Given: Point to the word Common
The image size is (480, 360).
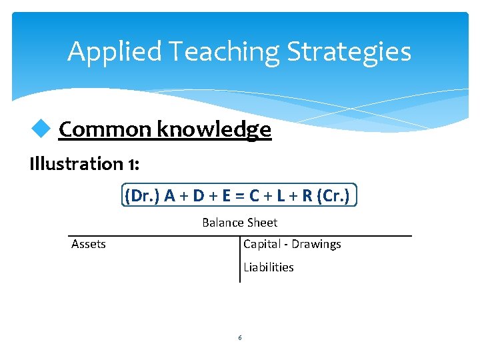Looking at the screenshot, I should click(x=105, y=129).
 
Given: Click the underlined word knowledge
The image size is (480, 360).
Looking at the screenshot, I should click(x=214, y=129).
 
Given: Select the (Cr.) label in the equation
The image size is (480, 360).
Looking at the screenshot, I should click(x=335, y=196).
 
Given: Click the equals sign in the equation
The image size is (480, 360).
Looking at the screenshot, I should click(x=239, y=196).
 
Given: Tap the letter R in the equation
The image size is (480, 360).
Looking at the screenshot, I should click(x=307, y=196).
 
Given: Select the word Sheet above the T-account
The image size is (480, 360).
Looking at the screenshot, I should click(x=263, y=223).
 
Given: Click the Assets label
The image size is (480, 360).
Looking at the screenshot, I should click(x=89, y=244).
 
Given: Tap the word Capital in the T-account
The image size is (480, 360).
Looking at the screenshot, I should click(x=261, y=244).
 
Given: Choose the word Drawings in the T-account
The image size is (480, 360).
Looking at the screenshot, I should click(x=316, y=244).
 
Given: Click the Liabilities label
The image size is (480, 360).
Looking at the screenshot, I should click(x=268, y=267).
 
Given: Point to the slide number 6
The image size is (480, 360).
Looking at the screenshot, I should click(x=240, y=338).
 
